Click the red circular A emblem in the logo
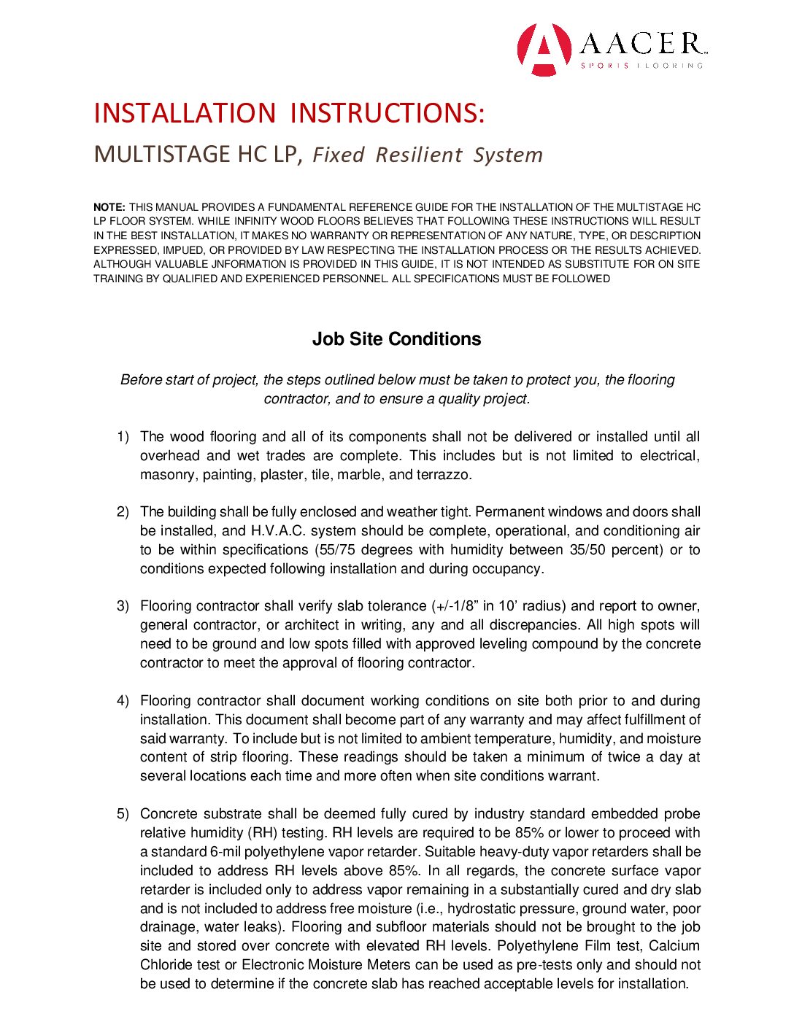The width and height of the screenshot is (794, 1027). (x=544, y=49)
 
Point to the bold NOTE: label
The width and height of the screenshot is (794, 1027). (x=109, y=207)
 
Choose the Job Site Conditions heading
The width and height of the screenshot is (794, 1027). (x=396, y=339)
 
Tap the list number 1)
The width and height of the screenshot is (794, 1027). (x=123, y=437)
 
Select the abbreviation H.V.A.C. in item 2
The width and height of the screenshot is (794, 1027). (x=277, y=531)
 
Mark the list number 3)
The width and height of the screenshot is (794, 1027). (x=123, y=606)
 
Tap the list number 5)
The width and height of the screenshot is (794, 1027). (x=123, y=814)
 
